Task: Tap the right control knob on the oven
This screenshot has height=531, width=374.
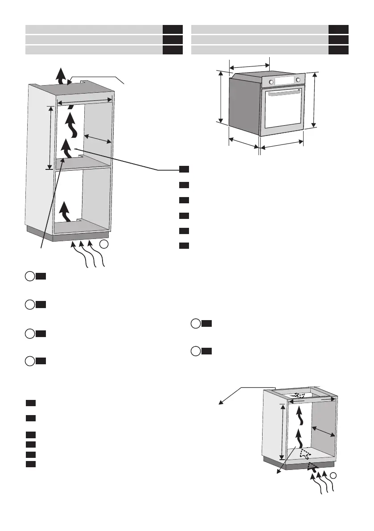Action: (298, 80)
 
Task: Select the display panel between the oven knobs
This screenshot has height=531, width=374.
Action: (284, 81)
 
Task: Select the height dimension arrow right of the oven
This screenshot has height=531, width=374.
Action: (315, 100)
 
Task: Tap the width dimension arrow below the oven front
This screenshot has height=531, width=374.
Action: (282, 144)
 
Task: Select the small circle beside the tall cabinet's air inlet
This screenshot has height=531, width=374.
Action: (104, 244)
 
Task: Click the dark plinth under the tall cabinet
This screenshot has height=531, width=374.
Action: (67, 234)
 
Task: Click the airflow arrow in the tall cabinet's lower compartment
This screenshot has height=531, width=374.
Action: (65, 210)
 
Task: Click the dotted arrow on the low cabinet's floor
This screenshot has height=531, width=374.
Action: (305, 454)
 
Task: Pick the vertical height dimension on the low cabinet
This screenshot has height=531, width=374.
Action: (282, 432)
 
